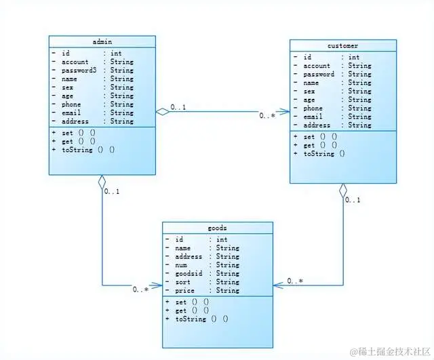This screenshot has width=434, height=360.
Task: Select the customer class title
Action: pyautogui.click(x=342, y=46)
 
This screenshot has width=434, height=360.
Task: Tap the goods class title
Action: pyautogui.click(x=217, y=228)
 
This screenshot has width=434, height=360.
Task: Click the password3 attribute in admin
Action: pyautogui.click(x=80, y=70)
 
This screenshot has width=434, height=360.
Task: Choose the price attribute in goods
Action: pyautogui.click(x=184, y=290)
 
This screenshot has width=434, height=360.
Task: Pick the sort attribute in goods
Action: pyautogui.click(x=182, y=282)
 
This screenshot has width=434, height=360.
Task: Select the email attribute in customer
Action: pyautogui.click(x=313, y=117)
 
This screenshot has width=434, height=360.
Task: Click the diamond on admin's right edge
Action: pyautogui.click(x=161, y=113)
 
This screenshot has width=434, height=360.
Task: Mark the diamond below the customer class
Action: pyautogui.click(x=343, y=190)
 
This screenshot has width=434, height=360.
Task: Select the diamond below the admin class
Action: pyautogui.click(x=102, y=182)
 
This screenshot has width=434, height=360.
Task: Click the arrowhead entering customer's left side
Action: pyautogui.click(x=285, y=113)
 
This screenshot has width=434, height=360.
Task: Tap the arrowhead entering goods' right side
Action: pyautogui.click(x=277, y=285)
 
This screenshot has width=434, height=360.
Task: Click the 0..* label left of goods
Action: pyautogui.click(x=140, y=289)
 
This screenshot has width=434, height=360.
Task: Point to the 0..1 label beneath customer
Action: pyautogui.click(x=353, y=200)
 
